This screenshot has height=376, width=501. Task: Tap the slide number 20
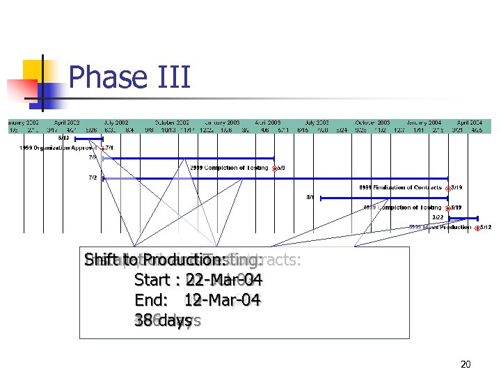pos(466,364)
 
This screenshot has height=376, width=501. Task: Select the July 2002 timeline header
pos(116,123)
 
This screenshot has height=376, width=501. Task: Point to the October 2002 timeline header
pos(172,123)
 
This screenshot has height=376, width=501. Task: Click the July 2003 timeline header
pos(316,123)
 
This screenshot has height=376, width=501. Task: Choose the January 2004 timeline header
pos(424,123)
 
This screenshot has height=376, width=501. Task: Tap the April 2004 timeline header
pos(470,123)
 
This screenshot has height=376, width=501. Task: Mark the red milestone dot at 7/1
pos(102,148)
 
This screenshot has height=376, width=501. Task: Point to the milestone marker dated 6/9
pos(274,168)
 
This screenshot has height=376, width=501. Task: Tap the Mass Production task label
pos(439,227)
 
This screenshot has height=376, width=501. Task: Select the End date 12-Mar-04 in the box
pos(222,301)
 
